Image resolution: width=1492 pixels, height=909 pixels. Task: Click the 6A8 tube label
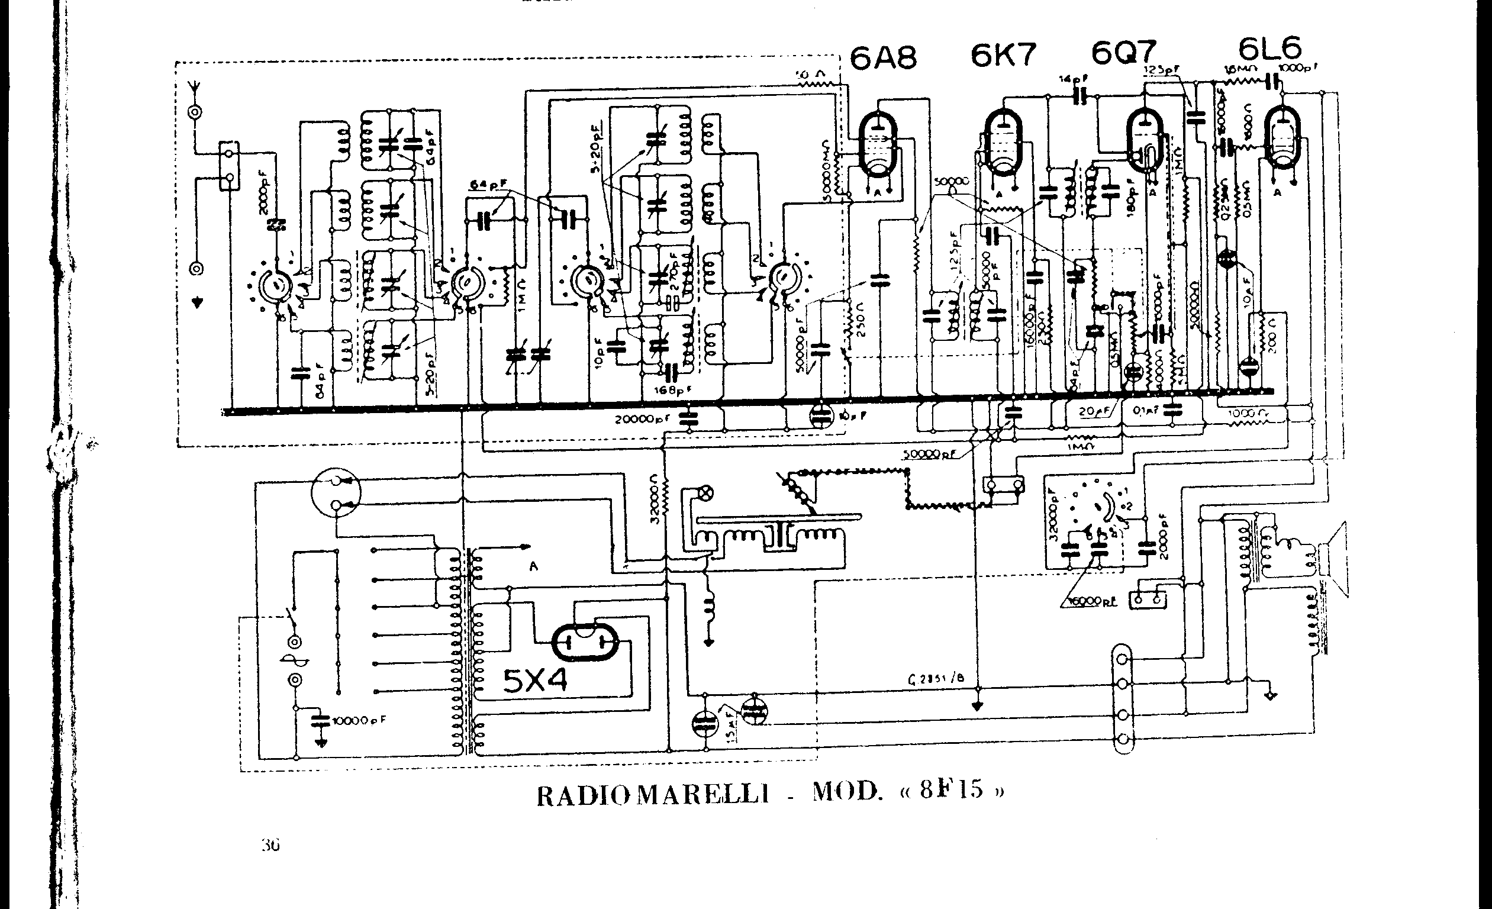[884, 58]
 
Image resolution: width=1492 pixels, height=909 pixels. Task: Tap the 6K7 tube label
[1003, 55]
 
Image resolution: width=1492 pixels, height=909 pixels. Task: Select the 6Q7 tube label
[1124, 53]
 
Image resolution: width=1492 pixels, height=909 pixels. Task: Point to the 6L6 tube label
[1268, 48]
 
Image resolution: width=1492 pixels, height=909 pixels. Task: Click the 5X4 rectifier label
[536, 680]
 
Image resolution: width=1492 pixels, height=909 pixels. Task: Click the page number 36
[270, 845]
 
